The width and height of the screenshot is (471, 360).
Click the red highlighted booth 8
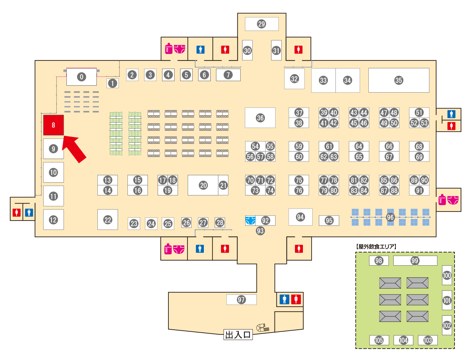click(54, 125)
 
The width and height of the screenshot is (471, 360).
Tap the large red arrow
click(74, 149)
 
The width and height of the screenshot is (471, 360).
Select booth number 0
click(81, 77)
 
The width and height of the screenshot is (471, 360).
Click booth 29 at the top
click(262, 24)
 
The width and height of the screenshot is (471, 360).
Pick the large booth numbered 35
click(398, 80)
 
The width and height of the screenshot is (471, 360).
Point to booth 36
click(260, 118)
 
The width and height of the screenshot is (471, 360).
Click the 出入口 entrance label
click(238, 335)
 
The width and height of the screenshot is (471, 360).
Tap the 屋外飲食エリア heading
click(376, 247)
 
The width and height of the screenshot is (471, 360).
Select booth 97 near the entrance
click(241, 300)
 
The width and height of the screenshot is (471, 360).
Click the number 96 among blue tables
click(390, 217)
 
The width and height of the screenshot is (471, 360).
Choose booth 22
click(107, 220)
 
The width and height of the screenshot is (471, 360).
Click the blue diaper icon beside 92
click(250, 221)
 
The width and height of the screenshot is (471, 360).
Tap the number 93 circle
click(260, 231)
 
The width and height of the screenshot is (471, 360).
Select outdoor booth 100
click(447, 275)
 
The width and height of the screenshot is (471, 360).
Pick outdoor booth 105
click(379, 340)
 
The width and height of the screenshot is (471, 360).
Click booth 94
click(300, 217)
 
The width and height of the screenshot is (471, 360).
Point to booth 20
click(203, 185)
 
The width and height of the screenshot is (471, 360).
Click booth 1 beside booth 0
click(113, 83)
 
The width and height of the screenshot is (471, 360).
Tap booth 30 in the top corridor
click(247, 50)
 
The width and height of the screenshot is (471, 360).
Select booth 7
click(228, 75)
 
